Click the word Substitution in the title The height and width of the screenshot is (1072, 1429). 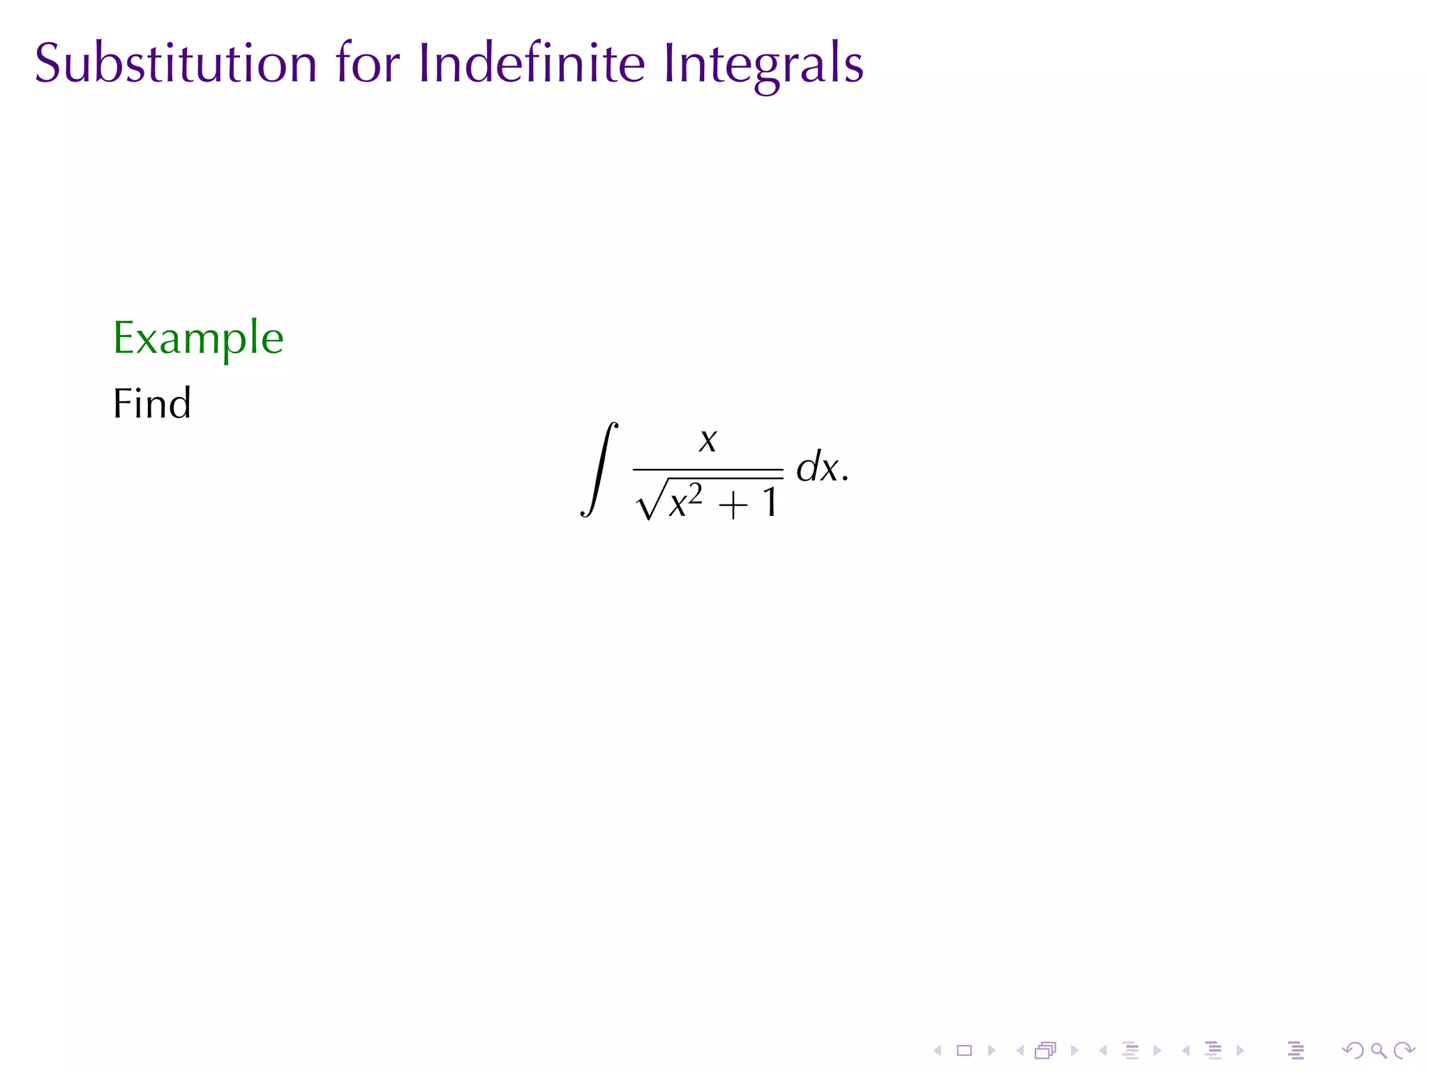coord(176,64)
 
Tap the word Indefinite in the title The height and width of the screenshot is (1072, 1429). coord(531,64)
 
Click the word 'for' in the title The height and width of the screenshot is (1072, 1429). coord(367,64)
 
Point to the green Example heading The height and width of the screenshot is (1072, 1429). coord(198,338)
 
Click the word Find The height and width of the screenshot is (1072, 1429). coord(151,403)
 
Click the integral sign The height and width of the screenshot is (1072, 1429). coord(599,469)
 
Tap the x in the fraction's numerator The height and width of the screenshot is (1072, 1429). coord(708,440)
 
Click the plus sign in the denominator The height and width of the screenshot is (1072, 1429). coord(733,505)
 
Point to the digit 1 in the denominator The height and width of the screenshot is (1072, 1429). coord(770,502)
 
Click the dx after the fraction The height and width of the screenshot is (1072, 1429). coord(818,466)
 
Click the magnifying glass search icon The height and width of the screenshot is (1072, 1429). coord(1378,1050)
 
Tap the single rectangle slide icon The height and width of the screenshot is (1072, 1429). coord(964,1050)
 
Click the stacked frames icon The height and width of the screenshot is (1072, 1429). coord(1045,1050)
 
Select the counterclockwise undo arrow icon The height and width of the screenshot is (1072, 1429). coord(1352,1050)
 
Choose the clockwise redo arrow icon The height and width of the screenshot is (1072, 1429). coord(1403,1050)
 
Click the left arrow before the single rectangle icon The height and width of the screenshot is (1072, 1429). coord(938,1050)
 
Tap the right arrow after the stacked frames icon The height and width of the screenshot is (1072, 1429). coord(1075,1050)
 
